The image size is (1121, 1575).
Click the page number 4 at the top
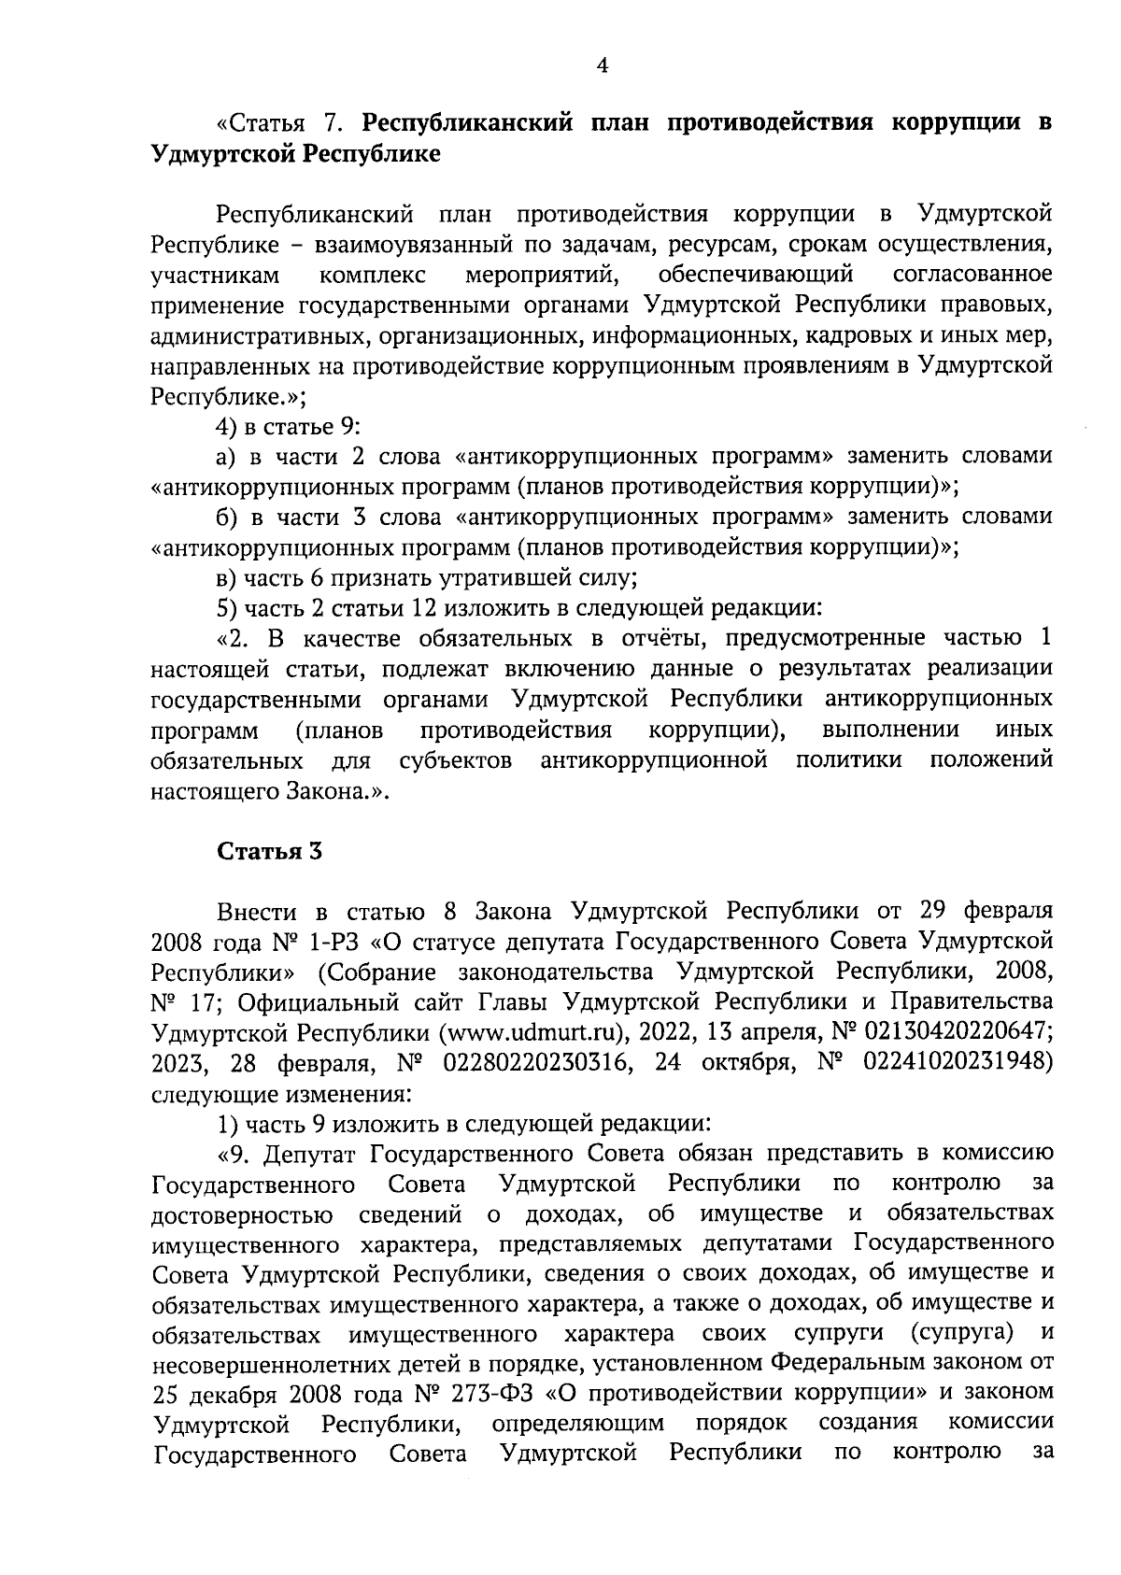[x=602, y=64]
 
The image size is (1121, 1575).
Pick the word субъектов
[x=455, y=759]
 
